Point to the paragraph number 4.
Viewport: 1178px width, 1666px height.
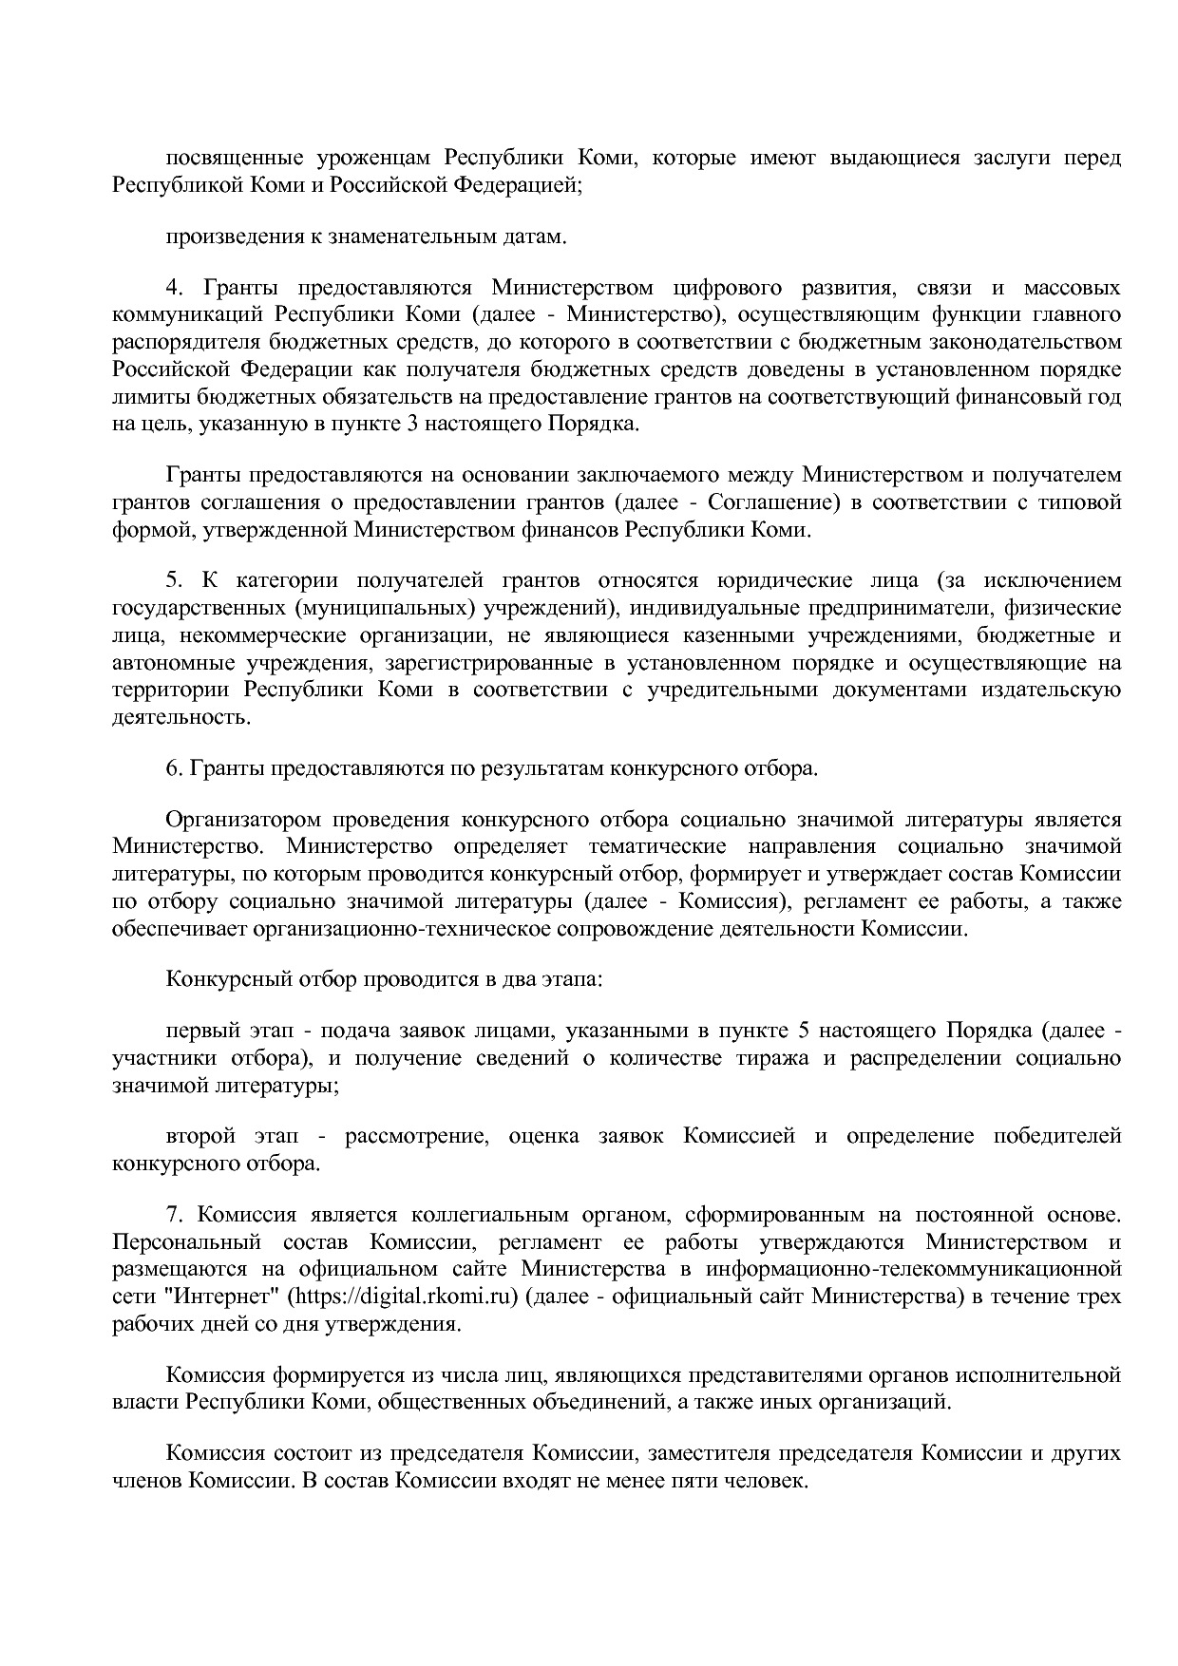tap(172, 288)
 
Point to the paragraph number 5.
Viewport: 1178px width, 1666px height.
tap(172, 581)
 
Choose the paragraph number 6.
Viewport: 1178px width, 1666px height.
tap(172, 768)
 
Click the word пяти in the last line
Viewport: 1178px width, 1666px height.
tap(696, 1481)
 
